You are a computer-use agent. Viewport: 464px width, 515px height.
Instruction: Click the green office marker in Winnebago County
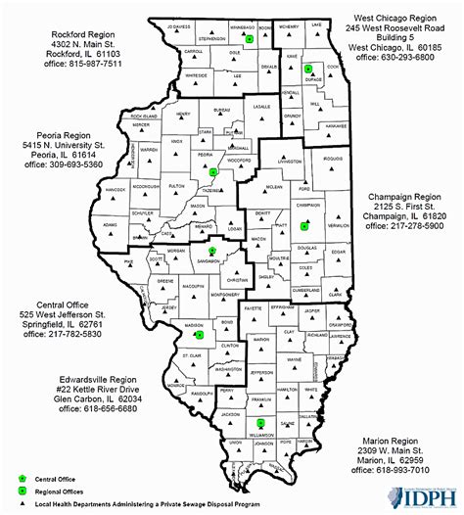click(250, 38)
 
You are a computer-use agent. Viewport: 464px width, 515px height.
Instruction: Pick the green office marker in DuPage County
click(307, 69)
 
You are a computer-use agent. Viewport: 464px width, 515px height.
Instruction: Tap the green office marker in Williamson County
click(246, 422)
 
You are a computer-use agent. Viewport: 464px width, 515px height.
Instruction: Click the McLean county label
click(275, 186)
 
